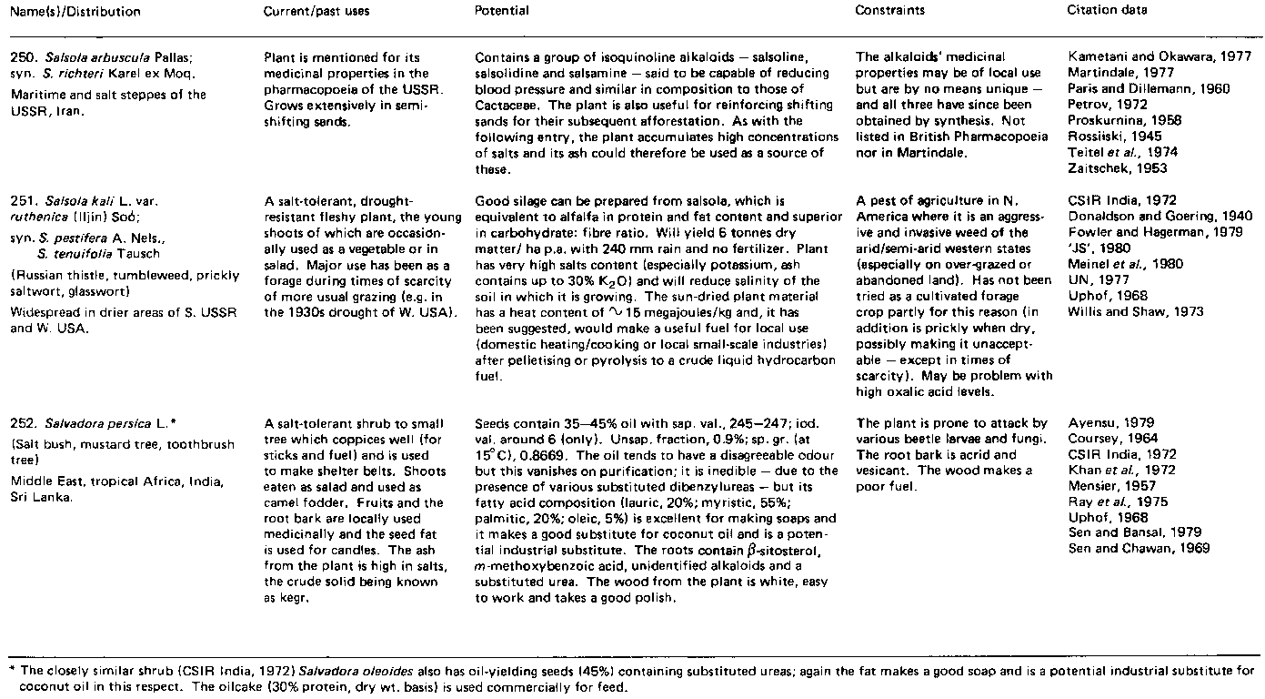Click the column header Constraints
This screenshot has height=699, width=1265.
(x=888, y=11)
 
